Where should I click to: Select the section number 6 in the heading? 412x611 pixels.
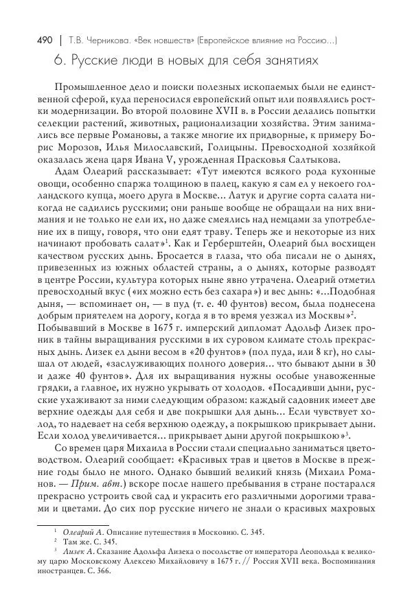pos(58,61)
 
